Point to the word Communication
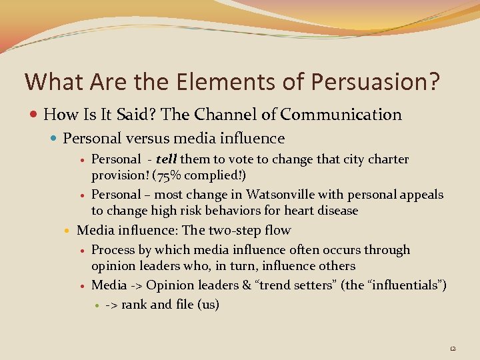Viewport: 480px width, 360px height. [x=341, y=115]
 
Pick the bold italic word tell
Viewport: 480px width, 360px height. [x=167, y=159]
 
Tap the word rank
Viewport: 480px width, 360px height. [x=134, y=305]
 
